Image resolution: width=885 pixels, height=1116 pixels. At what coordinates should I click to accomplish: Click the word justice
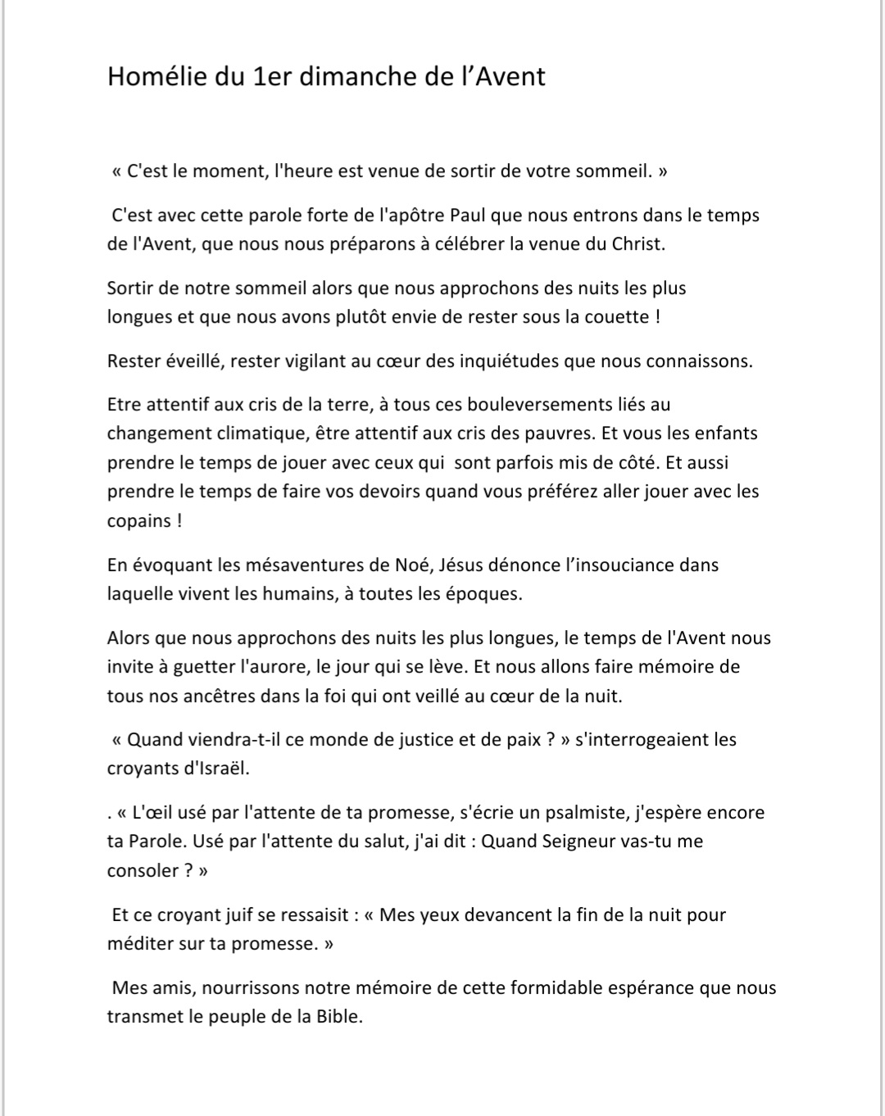[419, 740]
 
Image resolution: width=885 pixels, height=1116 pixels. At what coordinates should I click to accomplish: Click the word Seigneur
[579, 842]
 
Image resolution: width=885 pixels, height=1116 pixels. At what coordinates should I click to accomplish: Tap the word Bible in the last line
[337, 1018]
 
